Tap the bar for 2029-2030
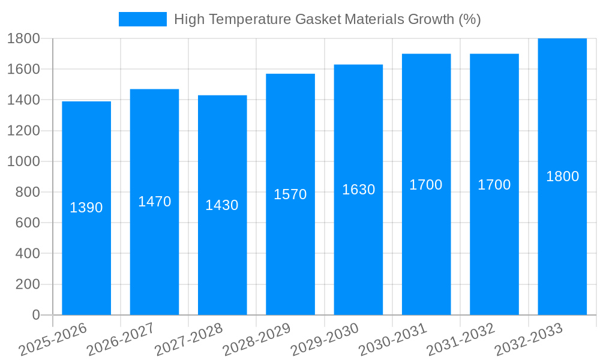click(x=358, y=252)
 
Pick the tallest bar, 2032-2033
click(x=562, y=252)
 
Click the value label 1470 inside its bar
click(x=154, y=202)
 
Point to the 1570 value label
click(x=290, y=194)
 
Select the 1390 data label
click(x=86, y=208)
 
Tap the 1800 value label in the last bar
click(x=562, y=176)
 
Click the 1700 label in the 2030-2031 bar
click(x=426, y=185)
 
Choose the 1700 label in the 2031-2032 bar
click(x=494, y=185)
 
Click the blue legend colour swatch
click(x=143, y=19)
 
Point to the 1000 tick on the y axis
click(x=23, y=161)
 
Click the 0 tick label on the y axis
click(x=35, y=315)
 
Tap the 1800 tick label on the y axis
click(x=23, y=38)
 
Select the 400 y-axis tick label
click(x=27, y=254)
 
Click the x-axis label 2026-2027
click(x=120, y=340)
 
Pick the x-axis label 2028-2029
click(x=256, y=340)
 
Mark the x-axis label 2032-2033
click(x=528, y=340)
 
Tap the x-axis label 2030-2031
click(x=392, y=340)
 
